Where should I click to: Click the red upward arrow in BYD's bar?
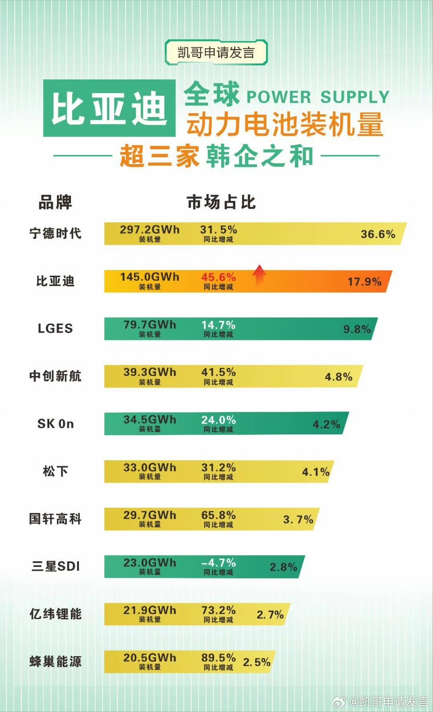(x=259, y=275)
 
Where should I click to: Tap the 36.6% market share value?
(x=378, y=234)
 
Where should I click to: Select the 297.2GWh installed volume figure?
(x=150, y=230)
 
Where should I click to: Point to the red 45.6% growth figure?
(x=219, y=277)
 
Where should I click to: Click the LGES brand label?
(x=55, y=329)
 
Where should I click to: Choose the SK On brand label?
(x=55, y=424)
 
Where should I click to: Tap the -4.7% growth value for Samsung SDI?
(x=219, y=563)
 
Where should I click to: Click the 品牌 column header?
(x=55, y=203)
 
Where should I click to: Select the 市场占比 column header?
(x=221, y=203)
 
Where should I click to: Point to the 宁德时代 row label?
(x=55, y=233)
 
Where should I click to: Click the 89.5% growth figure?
(x=219, y=658)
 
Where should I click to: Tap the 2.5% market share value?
(x=257, y=662)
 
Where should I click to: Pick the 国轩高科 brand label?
(x=55, y=519)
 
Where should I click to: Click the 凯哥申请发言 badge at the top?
(x=216, y=53)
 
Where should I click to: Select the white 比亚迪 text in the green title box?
(x=109, y=108)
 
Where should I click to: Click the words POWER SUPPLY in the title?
(x=318, y=97)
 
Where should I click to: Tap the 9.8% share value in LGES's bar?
(x=357, y=329)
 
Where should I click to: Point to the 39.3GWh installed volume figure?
(x=150, y=372)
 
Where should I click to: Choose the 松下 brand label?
(x=55, y=471)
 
